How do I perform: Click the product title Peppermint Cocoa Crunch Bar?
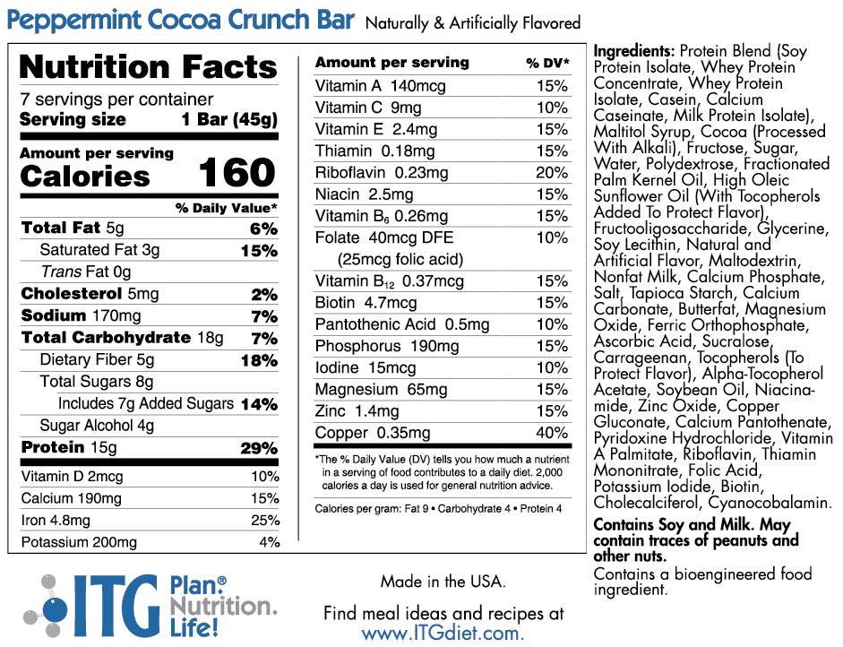tap(180, 21)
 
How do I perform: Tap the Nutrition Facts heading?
tap(148, 67)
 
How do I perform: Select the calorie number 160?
tap(237, 173)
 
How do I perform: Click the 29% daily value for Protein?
tap(259, 448)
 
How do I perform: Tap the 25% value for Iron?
tap(265, 521)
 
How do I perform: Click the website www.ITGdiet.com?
tap(443, 633)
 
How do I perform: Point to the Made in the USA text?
tap(443, 582)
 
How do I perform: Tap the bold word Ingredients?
tap(634, 51)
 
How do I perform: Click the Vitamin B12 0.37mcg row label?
tap(390, 281)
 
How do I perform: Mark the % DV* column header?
tap(547, 63)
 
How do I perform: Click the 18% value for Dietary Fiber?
tap(259, 360)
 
